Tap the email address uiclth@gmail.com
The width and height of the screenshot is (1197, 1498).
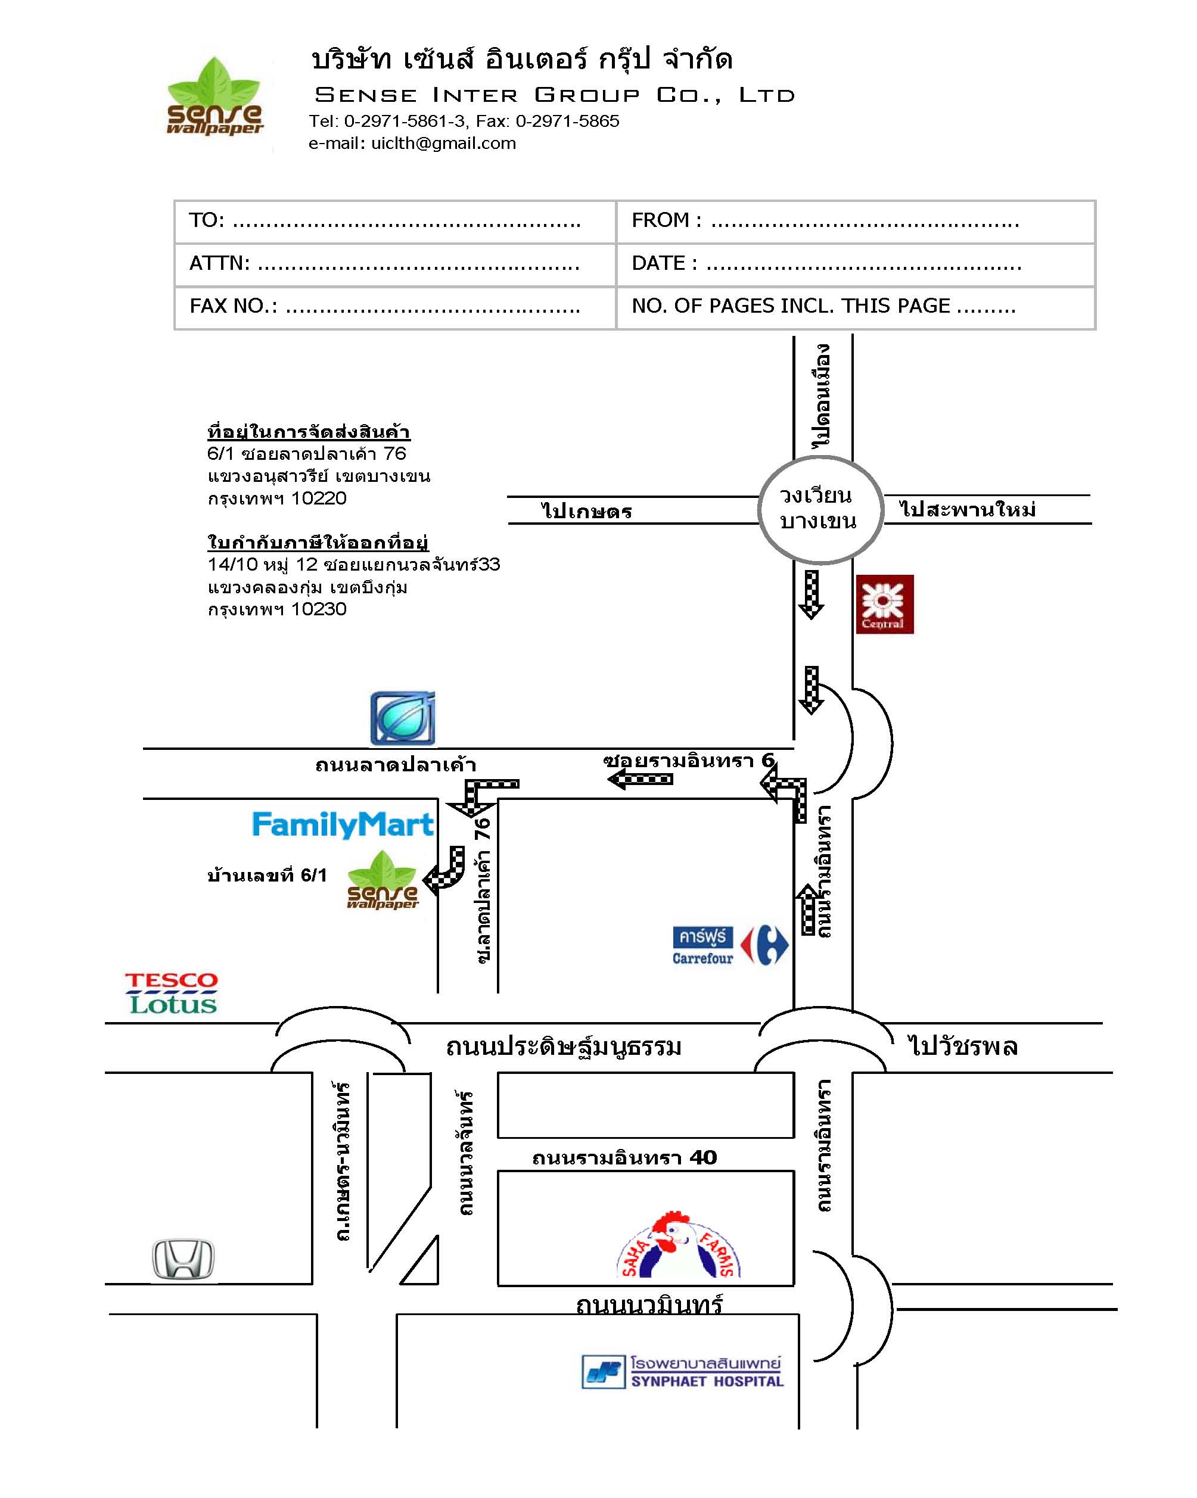pos(443,143)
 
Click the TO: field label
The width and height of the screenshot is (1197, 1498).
pos(206,220)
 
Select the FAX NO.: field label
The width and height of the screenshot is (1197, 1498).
pos(234,306)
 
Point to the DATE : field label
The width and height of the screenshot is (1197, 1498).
pos(664,263)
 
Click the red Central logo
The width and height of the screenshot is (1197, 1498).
pos(884,604)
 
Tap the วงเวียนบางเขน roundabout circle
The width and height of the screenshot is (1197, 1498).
pos(820,510)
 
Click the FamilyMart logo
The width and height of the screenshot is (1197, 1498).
pos(342,825)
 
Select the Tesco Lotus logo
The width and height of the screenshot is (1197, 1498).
pos(172,994)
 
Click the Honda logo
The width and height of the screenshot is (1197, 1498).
pos(184,1259)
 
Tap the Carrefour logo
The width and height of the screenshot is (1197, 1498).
pos(730,945)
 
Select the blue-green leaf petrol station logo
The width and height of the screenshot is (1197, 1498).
pos(403,718)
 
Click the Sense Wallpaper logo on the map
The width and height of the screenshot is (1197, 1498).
pos(383,880)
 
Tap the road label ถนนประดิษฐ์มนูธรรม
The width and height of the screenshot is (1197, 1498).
pos(564,1046)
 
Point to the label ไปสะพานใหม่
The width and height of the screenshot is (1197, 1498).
pos(968,509)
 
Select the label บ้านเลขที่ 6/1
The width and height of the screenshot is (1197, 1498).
pos(267,876)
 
